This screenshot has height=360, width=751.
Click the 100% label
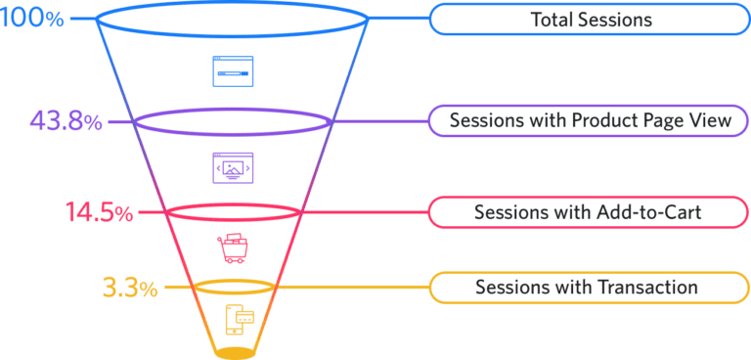click(x=31, y=20)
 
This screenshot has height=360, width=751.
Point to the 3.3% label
click(x=129, y=289)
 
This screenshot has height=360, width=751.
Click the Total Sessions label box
click(x=590, y=20)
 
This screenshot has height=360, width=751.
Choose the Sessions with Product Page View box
click(x=590, y=121)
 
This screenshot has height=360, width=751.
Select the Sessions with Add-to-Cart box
click(x=590, y=212)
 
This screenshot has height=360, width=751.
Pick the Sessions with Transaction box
click(x=590, y=288)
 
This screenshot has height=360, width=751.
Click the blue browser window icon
click(x=233, y=72)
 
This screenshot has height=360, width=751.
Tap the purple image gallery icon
click(x=233, y=168)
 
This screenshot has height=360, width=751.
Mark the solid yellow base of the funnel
click(x=235, y=350)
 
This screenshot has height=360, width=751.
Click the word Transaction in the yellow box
click(x=654, y=288)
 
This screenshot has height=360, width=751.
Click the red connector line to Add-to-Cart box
click(x=362, y=212)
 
